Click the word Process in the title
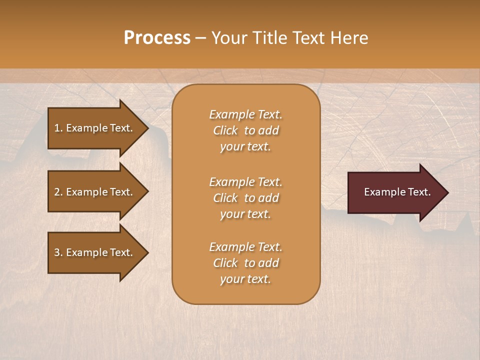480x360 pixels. coord(157,38)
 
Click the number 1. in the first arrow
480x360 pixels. coord(58,128)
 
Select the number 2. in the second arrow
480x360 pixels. coord(58,192)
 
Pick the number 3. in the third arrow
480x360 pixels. coord(58,252)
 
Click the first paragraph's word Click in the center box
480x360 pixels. coord(225,130)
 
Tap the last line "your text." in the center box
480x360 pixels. coord(245,279)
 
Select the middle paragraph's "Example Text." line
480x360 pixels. coord(245,182)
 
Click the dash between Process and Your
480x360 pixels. coord(200,38)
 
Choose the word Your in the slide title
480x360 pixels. coord(227,38)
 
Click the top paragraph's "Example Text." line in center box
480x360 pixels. coord(245,114)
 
